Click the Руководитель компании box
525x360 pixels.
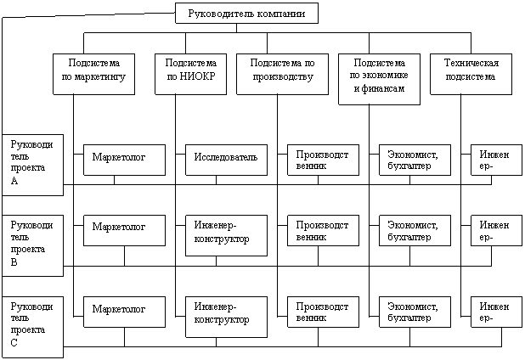pyautogui.click(x=246, y=14)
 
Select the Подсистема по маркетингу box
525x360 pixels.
pyautogui.click(x=93, y=74)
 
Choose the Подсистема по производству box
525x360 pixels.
pyautogui.click(x=282, y=74)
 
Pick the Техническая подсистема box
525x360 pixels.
pyautogui.click(x=471, y=74)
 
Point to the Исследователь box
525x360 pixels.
pyautogui.click(x=226, y=160)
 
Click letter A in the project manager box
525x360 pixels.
pyautogui.click(x=14, y=181)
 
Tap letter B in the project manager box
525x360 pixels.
pyautogui.click(x=14, y=262)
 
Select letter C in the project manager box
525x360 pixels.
pyautogui.click(x=14, y=343)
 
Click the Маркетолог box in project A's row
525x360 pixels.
pyautogui.click(x=124, y=160)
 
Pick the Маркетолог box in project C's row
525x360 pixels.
pyautogui.click(x=124, y=312)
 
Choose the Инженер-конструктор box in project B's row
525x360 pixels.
pyautogui.click(x=226, y=235)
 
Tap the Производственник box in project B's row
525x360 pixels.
pyautogui.click(x=323, y=231)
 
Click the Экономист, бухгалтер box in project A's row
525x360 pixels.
pyautogui.click(x=415, y=160)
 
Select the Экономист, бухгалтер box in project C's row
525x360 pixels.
pyautogui.click(x=415, y=312)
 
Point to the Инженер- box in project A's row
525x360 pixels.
pyautogui.click(x=496, y=160)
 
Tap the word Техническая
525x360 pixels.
pyautogui.click(x=471, y=63)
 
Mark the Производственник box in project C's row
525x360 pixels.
pyautogui.click(x=323, y=312)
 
